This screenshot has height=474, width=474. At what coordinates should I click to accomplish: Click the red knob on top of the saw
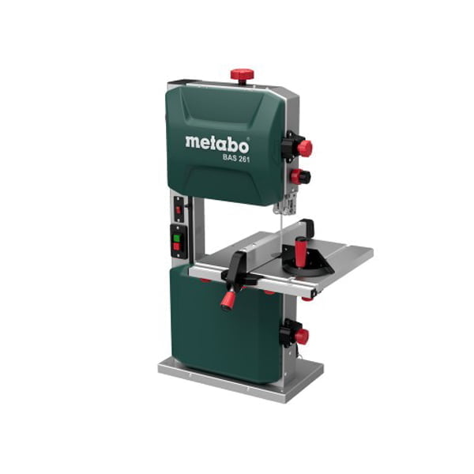pyautogui.click(x=242, y=75)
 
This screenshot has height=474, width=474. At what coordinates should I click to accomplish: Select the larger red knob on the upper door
pyautogui.click(x=303, y=148)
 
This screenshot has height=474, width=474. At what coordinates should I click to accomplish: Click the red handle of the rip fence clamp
pyautogui.click(x=228, y=299)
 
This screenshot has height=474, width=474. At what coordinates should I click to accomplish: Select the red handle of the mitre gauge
pyautogui.click(x=302, y=252)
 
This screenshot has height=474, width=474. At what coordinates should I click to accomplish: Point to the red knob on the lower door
pyautogui.click(x=300, y=336)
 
